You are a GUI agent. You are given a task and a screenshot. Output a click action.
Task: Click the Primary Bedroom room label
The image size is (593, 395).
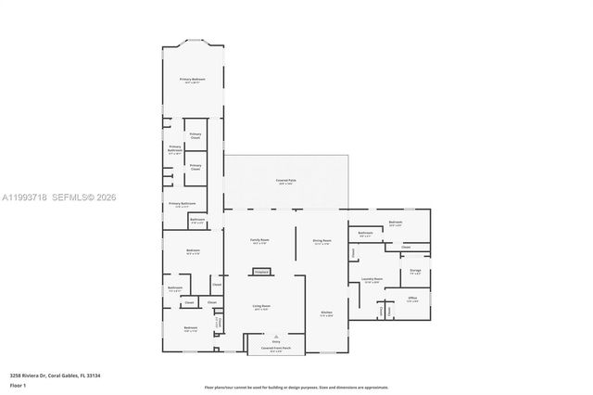point(192,81)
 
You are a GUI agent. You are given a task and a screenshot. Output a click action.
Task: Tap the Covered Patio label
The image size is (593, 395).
point(284,181)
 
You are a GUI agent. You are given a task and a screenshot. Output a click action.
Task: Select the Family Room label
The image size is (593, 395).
point(259,241)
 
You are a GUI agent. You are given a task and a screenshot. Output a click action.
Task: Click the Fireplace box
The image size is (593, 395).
point(260,272)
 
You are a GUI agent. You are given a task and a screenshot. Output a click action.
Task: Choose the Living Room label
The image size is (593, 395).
point(261,306)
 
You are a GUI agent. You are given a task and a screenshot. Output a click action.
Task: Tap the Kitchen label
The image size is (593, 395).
point(326,312)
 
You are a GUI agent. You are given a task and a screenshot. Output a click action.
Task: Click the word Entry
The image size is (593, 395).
point(275,342)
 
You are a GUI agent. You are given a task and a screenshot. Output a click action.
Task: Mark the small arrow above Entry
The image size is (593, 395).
point(275,336)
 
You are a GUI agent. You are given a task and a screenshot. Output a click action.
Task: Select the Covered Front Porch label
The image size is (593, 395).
point(275,348)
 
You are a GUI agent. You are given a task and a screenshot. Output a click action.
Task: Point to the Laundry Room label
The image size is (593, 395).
point(372,279)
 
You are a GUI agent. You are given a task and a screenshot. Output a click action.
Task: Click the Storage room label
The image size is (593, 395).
point(414,271)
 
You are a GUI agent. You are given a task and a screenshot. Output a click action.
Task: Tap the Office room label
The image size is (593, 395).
point(413,298)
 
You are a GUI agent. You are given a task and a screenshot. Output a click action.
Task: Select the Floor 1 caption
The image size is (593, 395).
point(18,384)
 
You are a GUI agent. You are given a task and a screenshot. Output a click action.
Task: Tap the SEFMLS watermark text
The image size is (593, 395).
point(79,197)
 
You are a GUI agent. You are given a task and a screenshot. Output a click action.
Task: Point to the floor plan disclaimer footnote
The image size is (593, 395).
point(296,387)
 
